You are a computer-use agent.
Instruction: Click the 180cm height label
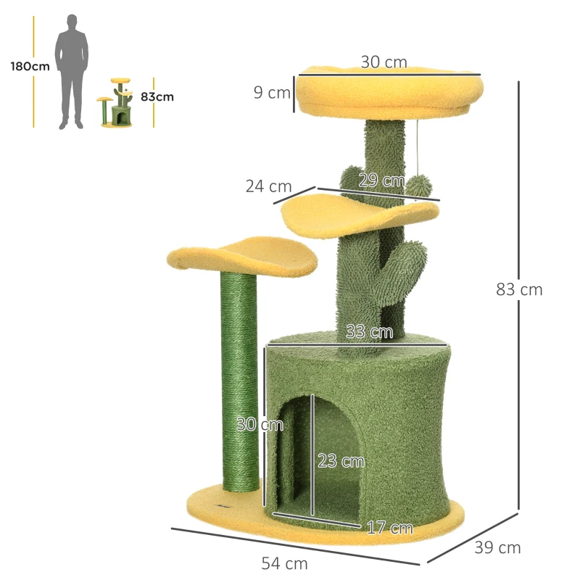(30, 66)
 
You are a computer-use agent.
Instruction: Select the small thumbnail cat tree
(117, 104)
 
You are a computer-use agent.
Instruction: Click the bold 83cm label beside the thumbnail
(157, 96)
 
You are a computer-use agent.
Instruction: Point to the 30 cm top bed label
(384, 62)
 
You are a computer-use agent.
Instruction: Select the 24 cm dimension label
(269, 186)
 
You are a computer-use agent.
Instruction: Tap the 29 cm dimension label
(382, 181)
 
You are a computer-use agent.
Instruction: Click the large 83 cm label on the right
(519, 289)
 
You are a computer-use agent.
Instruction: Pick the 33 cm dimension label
(370, 332)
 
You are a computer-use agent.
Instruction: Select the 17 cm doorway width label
(389, 528)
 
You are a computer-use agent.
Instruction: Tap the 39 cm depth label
(497, 547)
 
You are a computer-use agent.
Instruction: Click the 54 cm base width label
(285, 563)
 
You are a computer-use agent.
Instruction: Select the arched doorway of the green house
(319, 457)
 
